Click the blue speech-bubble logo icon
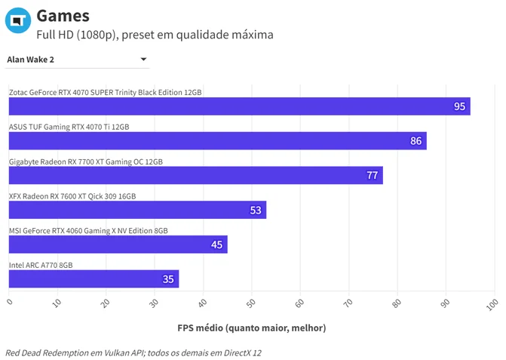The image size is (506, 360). (18, 20)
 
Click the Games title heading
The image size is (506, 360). (63, 16)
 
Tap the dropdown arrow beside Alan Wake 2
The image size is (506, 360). (143, 59)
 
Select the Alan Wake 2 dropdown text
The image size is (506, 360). (31, 60)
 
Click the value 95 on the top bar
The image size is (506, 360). (459, 106)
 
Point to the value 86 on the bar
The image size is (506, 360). (416, 141)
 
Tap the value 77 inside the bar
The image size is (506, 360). (372, 175)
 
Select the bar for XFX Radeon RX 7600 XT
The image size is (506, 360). (137, 210)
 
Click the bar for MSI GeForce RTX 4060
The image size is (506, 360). (118, 245)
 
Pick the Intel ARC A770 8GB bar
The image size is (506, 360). (94, 279)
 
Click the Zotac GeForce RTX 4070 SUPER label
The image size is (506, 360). (106, 92)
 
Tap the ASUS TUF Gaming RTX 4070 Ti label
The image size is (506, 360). (69, 127)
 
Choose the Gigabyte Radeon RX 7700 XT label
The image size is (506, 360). (86, 162)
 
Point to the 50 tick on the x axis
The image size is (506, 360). (251, 303)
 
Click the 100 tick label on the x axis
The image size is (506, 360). (492, 304)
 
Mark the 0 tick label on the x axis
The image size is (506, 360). (10, 302)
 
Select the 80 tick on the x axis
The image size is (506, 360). (397, 303)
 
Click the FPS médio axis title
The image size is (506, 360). (252, 328)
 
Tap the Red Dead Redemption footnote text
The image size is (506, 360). (133, 353)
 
